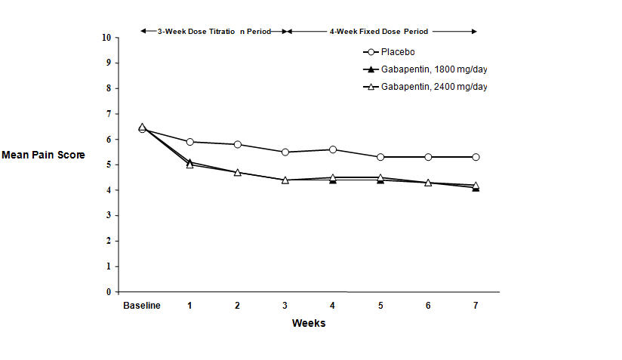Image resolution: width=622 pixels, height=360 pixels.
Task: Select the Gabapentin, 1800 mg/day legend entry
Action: tap(428, 69)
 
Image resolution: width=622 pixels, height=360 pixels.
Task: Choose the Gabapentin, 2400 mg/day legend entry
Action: tap(428, 87)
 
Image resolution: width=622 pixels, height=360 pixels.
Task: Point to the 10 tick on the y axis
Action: tap(106, 37)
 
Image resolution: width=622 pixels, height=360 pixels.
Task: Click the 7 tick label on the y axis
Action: tap(107, 113)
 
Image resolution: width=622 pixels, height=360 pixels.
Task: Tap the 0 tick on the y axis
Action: tap(107, 292)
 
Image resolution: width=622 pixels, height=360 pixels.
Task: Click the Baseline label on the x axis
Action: tap(141, 305)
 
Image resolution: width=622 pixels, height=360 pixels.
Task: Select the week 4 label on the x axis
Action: tap(333, 305)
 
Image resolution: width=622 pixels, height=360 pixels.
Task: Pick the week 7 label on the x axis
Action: tap(476, 305)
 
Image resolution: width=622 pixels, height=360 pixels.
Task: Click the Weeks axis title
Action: tap(309, 323)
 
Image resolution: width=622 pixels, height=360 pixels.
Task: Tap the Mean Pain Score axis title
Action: tap(43, 155)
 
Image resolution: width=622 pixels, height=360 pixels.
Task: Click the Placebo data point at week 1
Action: tap(189, 142)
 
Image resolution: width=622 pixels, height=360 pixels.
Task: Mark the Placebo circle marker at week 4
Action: tap(333, 149)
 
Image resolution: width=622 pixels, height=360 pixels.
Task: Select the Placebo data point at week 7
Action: tap(476, 157)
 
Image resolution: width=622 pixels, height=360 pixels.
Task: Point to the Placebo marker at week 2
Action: tap(237, 144)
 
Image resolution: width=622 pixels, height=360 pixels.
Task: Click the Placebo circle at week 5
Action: tap(380, 157)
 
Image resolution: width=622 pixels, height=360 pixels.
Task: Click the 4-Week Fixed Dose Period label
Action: tap(379, 32)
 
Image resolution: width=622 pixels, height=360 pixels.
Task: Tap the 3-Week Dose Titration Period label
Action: tap(213, 32)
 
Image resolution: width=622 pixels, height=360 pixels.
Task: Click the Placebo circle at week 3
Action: tap(285, 152)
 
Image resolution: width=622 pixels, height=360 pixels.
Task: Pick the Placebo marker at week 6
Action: tap(428, 157)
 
